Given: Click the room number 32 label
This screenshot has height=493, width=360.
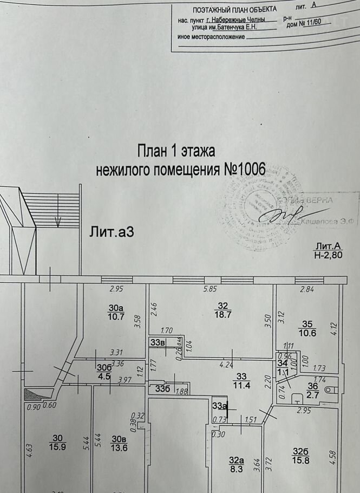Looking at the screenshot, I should [221, 304].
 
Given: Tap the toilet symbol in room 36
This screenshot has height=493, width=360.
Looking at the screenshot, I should [326, 388].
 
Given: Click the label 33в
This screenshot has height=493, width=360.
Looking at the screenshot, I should [158, 342].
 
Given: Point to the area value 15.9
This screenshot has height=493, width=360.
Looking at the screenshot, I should [57, 447].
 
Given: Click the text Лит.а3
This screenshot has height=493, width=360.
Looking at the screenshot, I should [112, 232].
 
